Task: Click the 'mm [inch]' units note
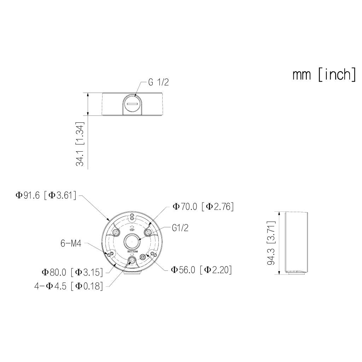(324, 75)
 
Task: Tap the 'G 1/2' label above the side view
(158, 82)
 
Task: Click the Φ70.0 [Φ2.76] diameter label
(203, 206)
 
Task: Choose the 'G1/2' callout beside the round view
(180, 228)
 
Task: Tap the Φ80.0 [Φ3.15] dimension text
(72, 272)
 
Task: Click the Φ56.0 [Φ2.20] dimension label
(202, 270)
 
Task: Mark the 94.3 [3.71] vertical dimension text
(271, 243)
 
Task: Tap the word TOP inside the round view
(132, 230)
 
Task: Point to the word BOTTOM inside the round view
(132, 251)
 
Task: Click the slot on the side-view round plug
(133, 104)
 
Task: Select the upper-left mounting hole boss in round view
(115, 232)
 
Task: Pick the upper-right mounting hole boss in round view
(148, 232)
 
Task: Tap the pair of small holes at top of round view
(132, 217)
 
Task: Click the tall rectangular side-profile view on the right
(296, 243)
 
